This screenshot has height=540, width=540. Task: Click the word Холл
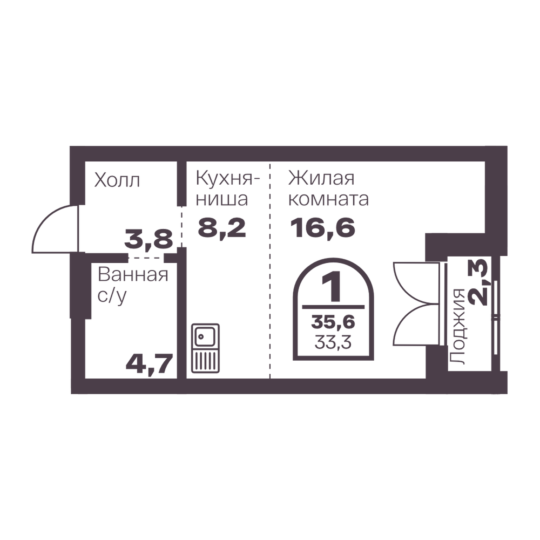[117, 180]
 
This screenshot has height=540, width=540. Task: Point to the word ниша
[221, 200]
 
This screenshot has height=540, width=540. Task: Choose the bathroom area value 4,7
[148, 365]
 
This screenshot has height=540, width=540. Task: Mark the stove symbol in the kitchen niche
[205, 348]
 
